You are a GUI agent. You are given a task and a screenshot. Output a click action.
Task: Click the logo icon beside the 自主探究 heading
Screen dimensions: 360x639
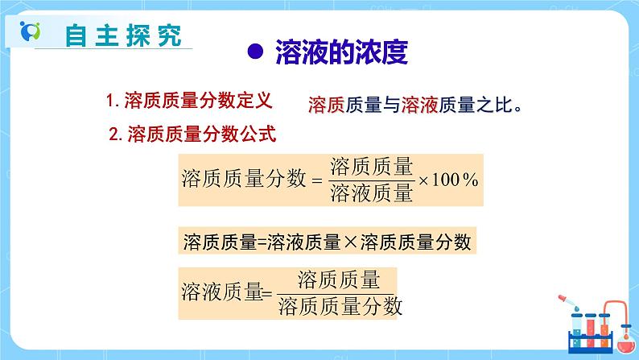(x=30, y=35)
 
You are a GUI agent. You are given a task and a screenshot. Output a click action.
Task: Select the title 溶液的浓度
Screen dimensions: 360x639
(x=341, y=52)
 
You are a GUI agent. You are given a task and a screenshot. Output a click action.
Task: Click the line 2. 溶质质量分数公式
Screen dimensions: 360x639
(x=192, y=134)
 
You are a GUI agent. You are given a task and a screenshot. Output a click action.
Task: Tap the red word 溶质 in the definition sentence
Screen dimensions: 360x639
(x=326, y=105)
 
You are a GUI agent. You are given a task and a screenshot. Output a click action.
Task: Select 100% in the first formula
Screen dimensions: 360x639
(x=456, y=179)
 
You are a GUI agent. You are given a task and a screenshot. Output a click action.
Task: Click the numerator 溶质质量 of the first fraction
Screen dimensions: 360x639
(x=371, y=167)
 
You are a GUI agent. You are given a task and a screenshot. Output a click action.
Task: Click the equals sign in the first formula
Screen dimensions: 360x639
(x=316, y=180)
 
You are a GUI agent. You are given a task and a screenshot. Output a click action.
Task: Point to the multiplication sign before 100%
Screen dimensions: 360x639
(x=423, y=180)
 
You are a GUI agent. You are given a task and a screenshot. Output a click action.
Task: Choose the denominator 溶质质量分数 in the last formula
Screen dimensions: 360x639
(x=339, y=305)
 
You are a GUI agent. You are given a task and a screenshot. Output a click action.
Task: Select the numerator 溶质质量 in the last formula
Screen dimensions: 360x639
(x=338, y=280)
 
